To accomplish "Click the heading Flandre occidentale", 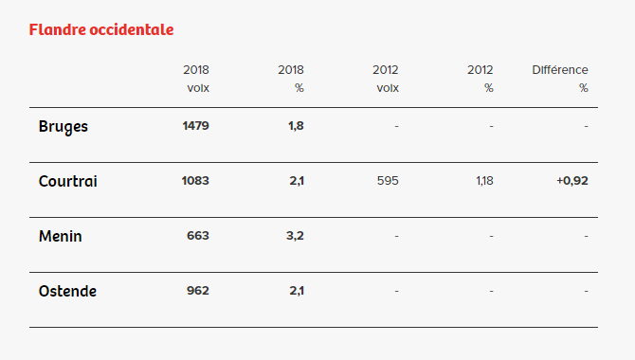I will (101, 29).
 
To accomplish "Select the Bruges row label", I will (63, 126).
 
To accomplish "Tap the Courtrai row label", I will (68, 181).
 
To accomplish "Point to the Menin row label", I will (61, 236).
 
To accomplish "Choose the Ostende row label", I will (67, 291).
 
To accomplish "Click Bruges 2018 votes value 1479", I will (195, 126).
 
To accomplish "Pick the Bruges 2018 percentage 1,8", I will (296, 126).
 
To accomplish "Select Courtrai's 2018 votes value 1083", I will (195, 181).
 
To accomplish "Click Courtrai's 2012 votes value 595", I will (388, 181).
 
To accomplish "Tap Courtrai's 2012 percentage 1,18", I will (484, 181).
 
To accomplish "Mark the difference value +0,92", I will (571, 181).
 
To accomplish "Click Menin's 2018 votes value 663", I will (198, 236).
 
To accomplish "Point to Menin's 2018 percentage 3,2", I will (295, 236).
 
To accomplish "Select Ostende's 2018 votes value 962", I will (198, 291).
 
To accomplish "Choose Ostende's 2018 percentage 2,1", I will (296, 291).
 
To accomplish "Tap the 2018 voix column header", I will (197, 79).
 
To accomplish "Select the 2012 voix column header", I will (387, 79).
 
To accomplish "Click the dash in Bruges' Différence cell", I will (586, 126).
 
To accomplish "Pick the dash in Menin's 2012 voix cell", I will (396, 236).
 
